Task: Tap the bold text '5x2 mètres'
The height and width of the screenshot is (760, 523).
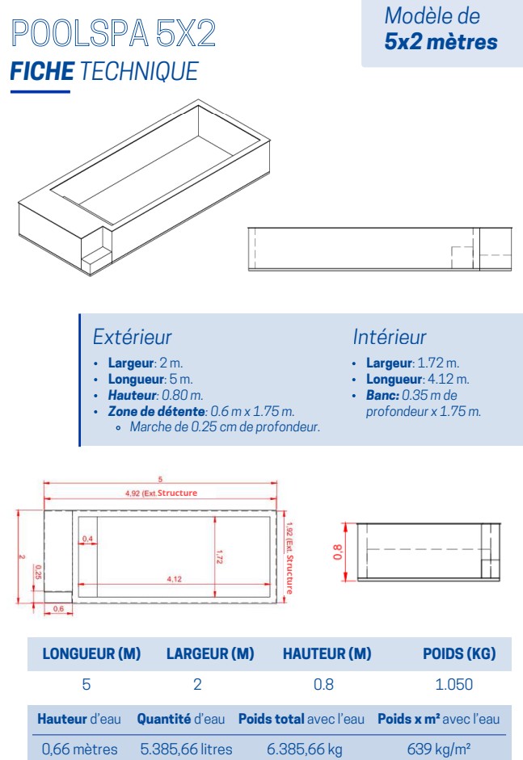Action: (x=441, y=42)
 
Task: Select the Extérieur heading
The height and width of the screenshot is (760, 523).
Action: (x=132, y=337)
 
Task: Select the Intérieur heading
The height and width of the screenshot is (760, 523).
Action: (x=389, y=337)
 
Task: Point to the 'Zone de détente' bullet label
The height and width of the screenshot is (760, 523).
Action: (x=156, y=412)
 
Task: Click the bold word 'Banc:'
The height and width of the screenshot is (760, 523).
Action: (x=382, y=396)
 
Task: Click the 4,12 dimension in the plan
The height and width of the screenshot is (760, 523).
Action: (x=174, y=579)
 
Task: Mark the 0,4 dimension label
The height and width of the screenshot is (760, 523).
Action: (x=86, y=539)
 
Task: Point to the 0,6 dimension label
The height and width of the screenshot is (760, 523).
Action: (x=59, y=608)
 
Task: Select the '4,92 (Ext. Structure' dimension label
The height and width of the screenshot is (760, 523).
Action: (x=161, y=493)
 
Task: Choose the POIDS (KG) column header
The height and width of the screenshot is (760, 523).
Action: (x=459, y=654)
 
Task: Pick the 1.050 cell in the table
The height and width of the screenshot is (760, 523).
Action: (x=453, y=685)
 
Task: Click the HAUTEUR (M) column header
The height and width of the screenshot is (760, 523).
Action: (x=327, y=654)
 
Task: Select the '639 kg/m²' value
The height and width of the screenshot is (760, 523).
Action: (x=439, y=750)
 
